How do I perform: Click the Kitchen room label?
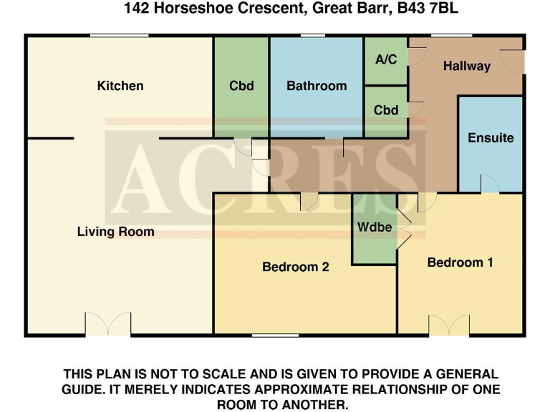click(120, 86)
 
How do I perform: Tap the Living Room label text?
click(115, 232)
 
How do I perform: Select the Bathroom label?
click(317, 86)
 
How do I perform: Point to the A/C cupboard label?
click(386, 59)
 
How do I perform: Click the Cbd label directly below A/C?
click(386, 111)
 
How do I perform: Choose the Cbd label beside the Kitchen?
click(241, 86)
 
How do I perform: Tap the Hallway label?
click(466, 67)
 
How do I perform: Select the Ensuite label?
click(491, 138)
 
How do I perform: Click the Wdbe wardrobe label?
click(375, 227)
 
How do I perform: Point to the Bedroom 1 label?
click(460, 263)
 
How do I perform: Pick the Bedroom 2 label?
click(295, 267)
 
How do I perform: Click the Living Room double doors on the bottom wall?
click(108, 325)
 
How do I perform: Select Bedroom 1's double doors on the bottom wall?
click(450, 325)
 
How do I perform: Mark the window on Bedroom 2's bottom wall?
click(275, 335)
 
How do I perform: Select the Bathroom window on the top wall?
click(312, 35)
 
